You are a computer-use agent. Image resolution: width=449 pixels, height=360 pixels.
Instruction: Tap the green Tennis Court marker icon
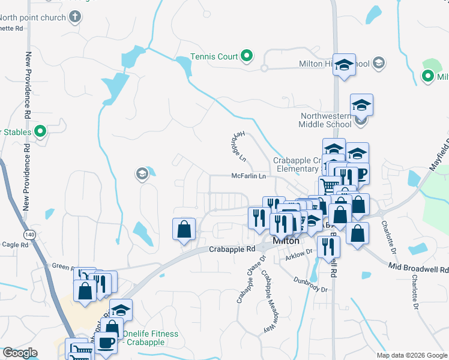(x=247, y=56)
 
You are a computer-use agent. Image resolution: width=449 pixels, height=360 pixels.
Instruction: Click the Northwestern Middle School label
(x=325, y=120)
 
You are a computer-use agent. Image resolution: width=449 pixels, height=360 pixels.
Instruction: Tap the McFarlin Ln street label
(x=249, y=176)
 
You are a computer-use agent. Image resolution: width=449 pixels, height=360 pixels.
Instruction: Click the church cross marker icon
(x=75, y=16)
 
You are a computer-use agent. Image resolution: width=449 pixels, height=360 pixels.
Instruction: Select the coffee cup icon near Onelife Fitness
(x=107, y=343)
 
